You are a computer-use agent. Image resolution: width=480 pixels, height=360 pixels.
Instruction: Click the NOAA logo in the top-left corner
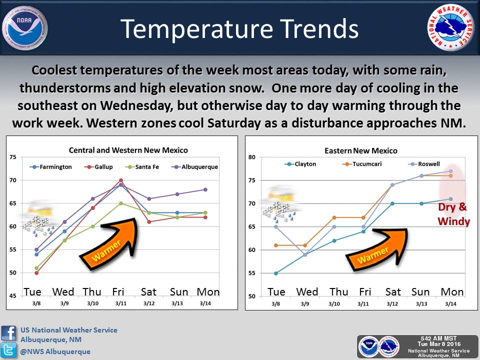coord(25,28)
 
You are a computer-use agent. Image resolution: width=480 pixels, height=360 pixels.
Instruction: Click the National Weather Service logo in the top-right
coord(451,27)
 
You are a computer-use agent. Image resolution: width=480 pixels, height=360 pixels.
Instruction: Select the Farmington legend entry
coord(51,167)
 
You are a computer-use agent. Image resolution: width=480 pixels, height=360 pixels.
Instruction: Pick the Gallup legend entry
coord(98,167)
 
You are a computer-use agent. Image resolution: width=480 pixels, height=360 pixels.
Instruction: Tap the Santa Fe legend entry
coord(142,167)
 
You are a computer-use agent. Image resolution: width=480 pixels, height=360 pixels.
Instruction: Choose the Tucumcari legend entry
coord(362,164)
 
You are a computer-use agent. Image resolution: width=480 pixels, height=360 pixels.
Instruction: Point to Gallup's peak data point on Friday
coord(121,180)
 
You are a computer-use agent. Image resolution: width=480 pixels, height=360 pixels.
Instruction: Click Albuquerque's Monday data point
coord(205,189)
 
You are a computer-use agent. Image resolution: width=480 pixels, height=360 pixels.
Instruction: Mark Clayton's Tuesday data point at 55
coord(276,273)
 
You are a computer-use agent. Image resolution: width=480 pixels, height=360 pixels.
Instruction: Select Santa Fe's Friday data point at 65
coord(121,203)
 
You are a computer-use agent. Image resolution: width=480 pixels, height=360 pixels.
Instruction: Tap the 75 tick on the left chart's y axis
coord(12,157)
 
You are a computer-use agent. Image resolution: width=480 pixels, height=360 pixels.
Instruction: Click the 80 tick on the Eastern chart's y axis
coord(251,157)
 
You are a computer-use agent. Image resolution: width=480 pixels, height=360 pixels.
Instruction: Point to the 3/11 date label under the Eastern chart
coord(363,304)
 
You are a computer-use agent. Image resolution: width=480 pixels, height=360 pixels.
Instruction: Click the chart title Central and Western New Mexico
coord(128,150)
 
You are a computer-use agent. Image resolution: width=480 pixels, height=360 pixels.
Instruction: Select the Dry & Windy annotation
coord(453,214)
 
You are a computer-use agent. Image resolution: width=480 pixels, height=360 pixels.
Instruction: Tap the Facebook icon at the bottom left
coord(8,333)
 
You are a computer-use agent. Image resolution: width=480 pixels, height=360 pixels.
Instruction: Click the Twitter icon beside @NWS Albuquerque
coord(8,350)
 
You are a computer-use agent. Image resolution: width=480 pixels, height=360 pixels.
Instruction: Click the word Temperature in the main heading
coord(196,29)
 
